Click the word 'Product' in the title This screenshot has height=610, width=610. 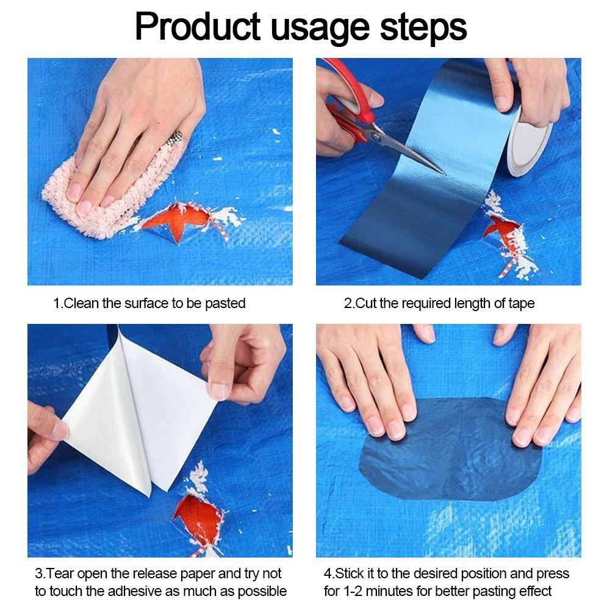point(196,27)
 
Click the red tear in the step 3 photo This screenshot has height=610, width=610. point(198,518)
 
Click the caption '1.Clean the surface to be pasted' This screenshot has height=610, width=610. point(149,303)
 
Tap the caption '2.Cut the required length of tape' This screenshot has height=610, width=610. point(439,303)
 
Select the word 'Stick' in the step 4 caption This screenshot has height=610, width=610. point(350,574)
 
